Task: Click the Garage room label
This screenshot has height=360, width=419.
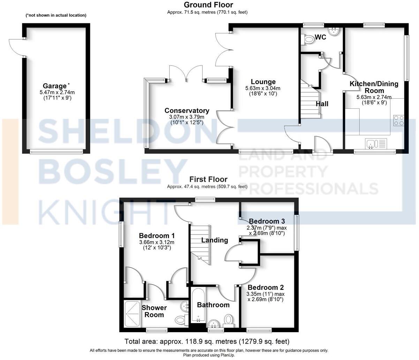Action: [54, 86]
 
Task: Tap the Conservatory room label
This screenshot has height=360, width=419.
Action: [187, 111]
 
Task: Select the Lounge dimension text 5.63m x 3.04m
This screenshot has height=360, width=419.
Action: [262, 88]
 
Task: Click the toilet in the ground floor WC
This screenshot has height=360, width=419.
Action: [307, 40]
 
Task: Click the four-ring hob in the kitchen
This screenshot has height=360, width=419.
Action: [399, 120]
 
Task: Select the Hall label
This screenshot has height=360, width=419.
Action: [322, 104]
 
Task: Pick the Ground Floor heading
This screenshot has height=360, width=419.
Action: [208, 5]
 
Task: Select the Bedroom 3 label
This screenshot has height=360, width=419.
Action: [267, 221]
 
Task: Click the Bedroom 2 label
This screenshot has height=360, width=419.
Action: [265, 288]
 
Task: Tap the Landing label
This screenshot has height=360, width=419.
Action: [215, 240]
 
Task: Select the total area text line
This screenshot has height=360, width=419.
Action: [207, 341]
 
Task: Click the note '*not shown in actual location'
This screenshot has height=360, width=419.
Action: [56, 15]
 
